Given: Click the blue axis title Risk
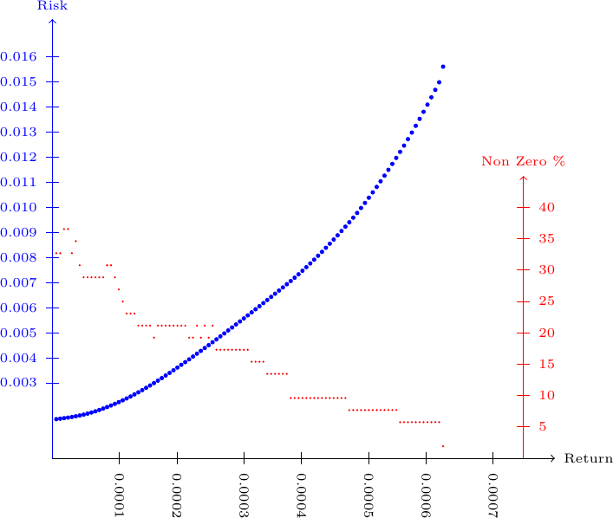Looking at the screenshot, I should pyautogui.click(x=53, y=6).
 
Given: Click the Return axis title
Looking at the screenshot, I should pyautogui.click(x=589, y=458).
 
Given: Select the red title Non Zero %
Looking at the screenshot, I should pyautogui.click(x=523, y=162).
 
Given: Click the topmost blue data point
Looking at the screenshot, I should pyautogui.click(x=443, y=67).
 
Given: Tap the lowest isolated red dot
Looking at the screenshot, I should pyautogui.click(x=443, y=446).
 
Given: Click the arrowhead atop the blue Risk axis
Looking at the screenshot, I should pyautogui.click(x=53, y=21).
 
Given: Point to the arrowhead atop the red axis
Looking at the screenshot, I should pyautogui.click(x=523, y=178).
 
